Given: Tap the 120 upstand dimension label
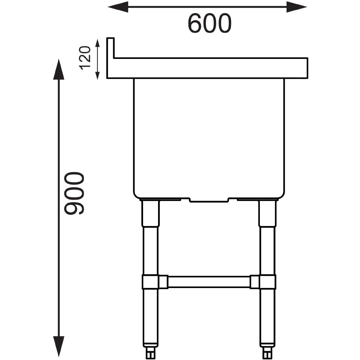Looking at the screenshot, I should [84, 58].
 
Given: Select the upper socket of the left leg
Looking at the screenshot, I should [150, 213].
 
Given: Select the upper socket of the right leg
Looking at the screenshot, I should [267, 213].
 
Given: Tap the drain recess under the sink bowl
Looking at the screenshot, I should [209, 200].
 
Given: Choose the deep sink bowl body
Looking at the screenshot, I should [209, 137].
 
